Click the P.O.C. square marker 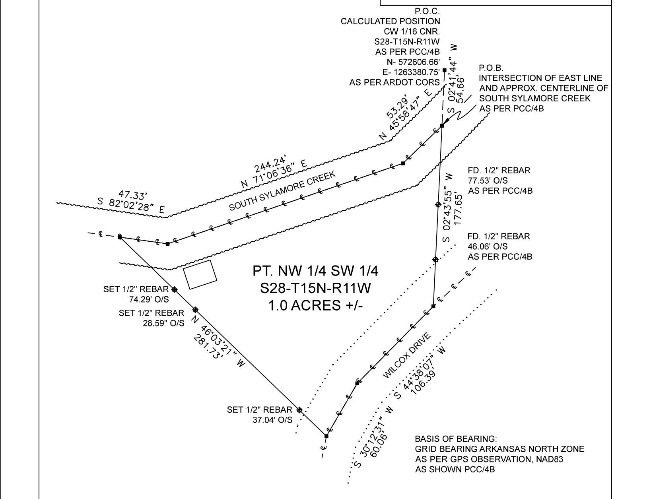point(445,70)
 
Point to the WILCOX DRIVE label point(407,356)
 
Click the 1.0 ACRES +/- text point(315,305)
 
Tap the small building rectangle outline point(200,274)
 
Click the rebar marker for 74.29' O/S point(175,289)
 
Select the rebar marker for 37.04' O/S point(299,410)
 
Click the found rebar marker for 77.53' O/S point(438,204)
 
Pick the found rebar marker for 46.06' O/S point(435,259)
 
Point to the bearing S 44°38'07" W point(420,373)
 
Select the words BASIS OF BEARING point(455,439)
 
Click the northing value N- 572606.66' point(413,62)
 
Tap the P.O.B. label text point(491,68)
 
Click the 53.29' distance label point(397,107)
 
